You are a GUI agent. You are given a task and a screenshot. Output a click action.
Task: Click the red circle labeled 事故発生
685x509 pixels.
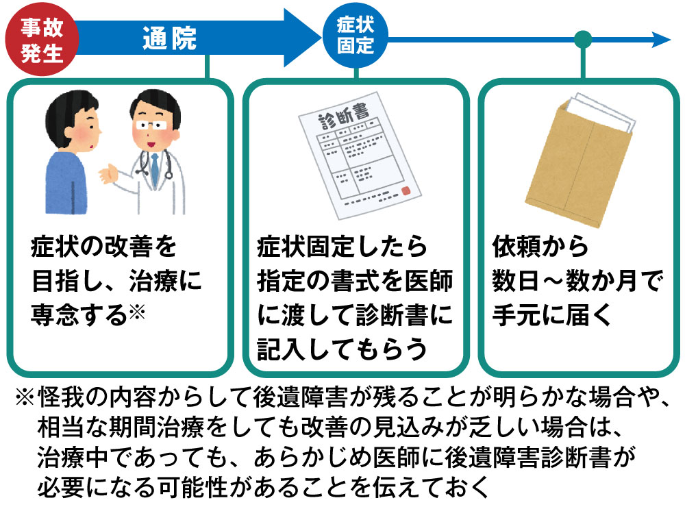40,40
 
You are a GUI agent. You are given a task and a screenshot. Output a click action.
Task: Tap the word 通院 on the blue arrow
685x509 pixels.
169,40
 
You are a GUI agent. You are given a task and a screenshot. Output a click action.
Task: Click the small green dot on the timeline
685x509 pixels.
583,39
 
